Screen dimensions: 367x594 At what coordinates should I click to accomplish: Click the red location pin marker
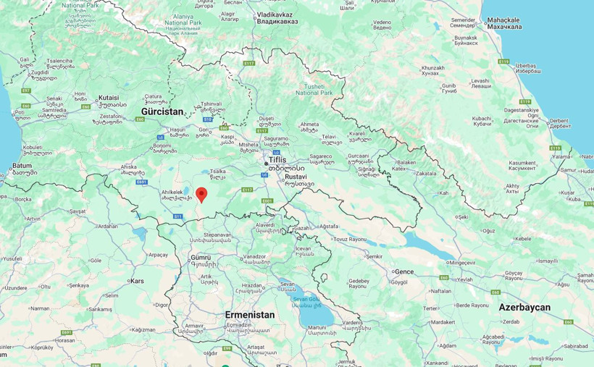coord(201,194)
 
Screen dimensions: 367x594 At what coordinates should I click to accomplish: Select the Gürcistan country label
coord(162,111)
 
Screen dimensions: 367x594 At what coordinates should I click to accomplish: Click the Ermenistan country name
coord(250,315)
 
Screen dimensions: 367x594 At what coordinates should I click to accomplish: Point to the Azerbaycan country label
coord(524,308)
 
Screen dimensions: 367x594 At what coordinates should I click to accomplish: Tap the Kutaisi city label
coord(108,96)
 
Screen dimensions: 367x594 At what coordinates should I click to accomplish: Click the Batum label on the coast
coord(22,166)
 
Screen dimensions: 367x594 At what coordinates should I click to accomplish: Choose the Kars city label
coord(137,281)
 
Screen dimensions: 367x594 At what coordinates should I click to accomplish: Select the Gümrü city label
coord(200,257)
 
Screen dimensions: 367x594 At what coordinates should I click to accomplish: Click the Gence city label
coord(404,271)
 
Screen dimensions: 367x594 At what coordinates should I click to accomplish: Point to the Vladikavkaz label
coord(277,14)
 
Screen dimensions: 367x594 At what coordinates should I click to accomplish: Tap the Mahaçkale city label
coord(505,19)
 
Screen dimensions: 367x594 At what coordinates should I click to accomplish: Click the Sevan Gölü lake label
coord(306,298)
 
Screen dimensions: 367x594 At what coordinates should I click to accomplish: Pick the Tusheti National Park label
coord(314,89)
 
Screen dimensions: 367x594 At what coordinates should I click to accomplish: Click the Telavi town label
coord(330,136)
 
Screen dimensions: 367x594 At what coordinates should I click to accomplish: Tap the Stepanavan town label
coord(217,235)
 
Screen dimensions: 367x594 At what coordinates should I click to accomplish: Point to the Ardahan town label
coord(108,226)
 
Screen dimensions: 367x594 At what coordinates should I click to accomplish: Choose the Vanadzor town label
coord(254,256)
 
